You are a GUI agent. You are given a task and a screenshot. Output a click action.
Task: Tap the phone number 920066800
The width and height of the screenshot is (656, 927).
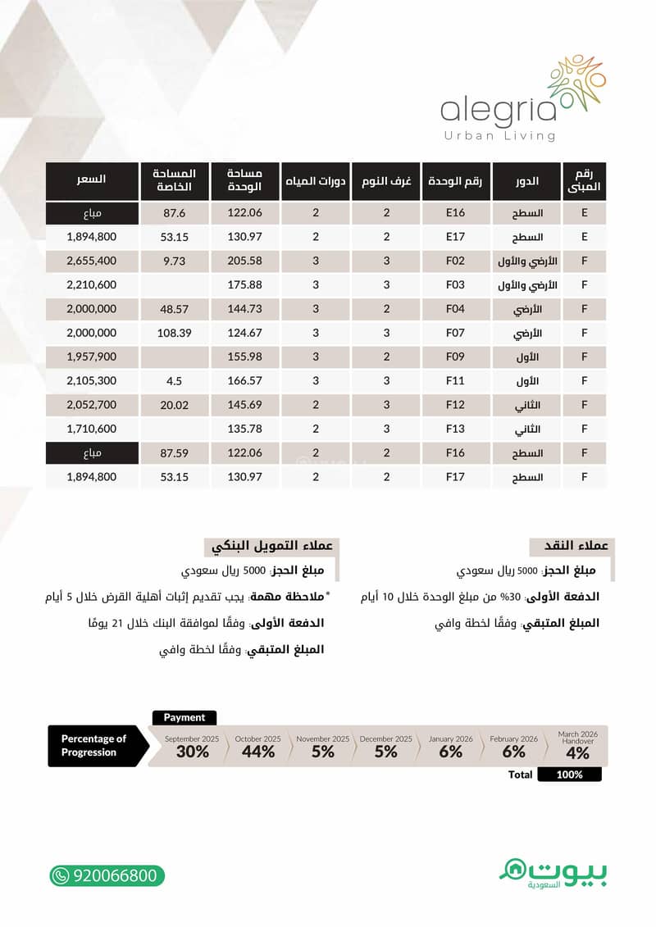coord(107,875)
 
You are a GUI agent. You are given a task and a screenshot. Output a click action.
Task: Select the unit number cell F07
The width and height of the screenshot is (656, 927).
coord(456,334)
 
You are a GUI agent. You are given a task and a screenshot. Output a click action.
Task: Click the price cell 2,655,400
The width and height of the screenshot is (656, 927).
coord(91,261)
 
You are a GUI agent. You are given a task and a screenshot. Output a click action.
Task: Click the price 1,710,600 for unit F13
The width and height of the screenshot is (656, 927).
coord(91,429)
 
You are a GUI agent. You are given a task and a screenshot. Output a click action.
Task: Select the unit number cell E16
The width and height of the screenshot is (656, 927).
coord(456,214)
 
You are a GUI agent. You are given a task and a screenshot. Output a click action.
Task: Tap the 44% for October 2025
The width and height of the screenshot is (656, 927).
coord(257,752)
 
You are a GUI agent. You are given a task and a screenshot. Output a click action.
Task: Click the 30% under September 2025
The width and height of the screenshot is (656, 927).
coord(192,752)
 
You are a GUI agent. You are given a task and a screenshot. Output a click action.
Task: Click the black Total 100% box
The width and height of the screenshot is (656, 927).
coord(569,775)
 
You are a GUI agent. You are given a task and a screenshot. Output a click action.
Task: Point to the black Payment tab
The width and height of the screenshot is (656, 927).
coord(184,717)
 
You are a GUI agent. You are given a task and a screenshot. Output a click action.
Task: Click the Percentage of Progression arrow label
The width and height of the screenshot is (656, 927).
coord(95,745)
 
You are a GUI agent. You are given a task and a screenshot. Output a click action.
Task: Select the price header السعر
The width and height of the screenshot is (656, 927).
coord(91,179)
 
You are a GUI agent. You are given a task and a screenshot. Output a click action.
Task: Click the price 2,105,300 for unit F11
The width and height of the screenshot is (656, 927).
coord(91,381)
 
